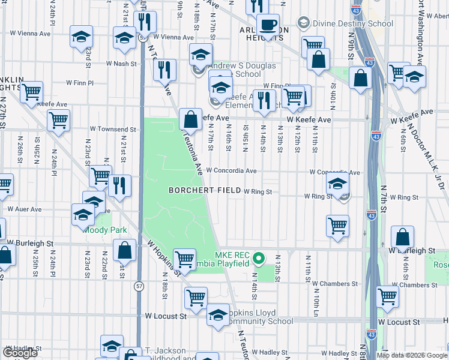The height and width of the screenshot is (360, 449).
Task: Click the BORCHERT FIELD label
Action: pos(205,190)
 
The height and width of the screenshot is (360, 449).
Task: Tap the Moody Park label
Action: pos(97,230)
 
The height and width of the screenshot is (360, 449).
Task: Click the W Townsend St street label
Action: pos(113,129)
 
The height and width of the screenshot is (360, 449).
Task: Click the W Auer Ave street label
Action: pos(24,209)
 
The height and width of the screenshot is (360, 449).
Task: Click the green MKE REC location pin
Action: pos(259,259)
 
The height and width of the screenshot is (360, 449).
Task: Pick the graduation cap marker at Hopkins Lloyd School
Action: pos(218,315)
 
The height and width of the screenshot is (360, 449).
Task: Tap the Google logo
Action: pos(21,353)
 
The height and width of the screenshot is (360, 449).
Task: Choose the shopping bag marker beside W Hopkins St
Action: pos(124,250)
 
